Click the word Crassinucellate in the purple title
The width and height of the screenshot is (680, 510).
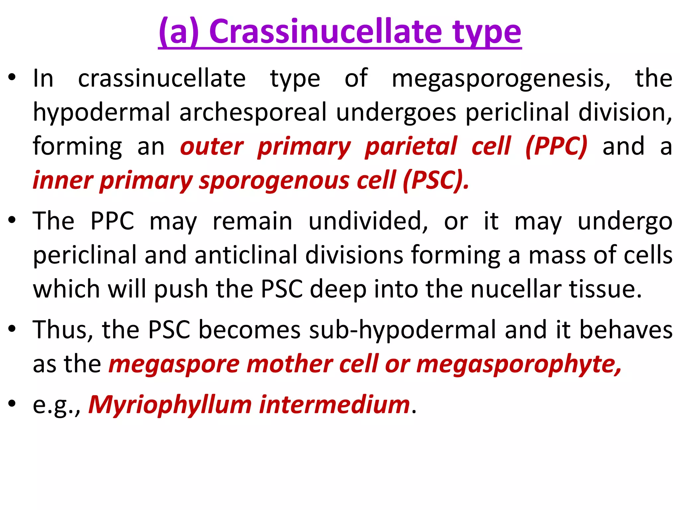[x=325, y=32]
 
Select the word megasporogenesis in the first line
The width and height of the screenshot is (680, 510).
[x=501, y=79]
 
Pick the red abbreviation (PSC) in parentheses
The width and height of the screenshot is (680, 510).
[x=436, y=180]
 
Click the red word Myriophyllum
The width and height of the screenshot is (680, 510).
[x=170, y=405]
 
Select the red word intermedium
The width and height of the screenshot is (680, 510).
[x=334, y=404]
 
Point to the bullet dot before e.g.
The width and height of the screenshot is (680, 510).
[x=12, y=403]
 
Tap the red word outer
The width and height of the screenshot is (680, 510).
[x=212, y=147]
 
